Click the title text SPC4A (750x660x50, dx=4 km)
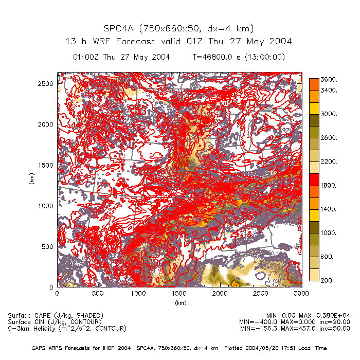pos(178,28)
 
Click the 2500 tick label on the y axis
pos(46,83)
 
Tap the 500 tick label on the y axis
pos(48,246)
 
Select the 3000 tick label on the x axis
pos(301,293)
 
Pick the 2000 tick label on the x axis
pos(220,293)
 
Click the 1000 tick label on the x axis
pos(138,293)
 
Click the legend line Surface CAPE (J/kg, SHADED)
pos(56,315)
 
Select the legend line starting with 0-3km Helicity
pos(67,328)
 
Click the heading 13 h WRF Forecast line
pos(178,41)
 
